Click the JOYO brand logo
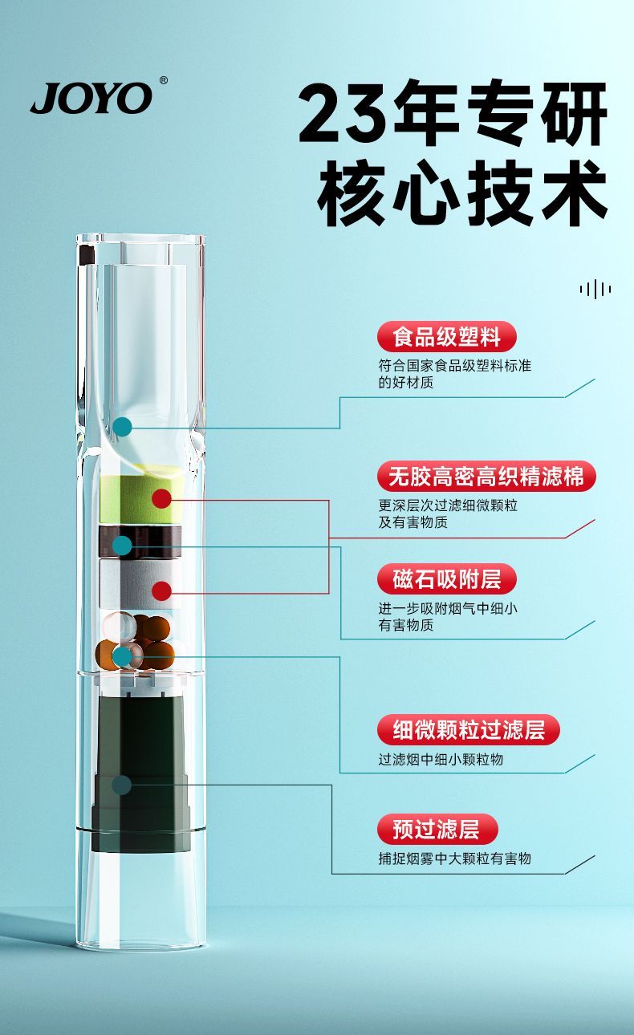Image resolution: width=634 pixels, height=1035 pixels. coord(91,98)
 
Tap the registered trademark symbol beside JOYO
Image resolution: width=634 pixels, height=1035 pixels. coord(163,80)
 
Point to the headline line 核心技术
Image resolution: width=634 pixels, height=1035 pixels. coord(461,193)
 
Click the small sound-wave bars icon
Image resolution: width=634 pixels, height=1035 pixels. coord(595,289)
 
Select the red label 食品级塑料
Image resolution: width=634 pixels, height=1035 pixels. coord(446,336)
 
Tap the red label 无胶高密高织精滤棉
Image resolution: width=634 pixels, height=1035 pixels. coord(486,476)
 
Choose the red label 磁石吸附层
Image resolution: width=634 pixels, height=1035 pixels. coord(446,578)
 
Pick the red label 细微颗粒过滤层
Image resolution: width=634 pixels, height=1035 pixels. coord(468,729)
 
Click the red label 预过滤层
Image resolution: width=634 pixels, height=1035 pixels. coord(437,829)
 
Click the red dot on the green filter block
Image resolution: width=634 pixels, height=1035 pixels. coord(162,498)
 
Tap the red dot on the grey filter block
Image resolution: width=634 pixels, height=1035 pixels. coord(162,591)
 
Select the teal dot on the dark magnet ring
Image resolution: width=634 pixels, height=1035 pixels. coord(122,546)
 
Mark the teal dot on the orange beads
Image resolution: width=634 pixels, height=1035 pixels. coord(122,657)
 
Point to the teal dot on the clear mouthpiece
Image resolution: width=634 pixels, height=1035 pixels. coord(122,427)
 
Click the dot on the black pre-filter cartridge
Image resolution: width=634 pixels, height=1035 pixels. coord(122,785)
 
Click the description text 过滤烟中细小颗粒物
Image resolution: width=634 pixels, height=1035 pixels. coord(441,760)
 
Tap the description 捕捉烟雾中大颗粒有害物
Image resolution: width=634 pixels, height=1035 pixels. coord(455,858)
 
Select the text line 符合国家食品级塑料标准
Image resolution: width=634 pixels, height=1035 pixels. coord(455,366)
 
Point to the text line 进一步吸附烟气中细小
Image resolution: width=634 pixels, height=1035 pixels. coord(448,608)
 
